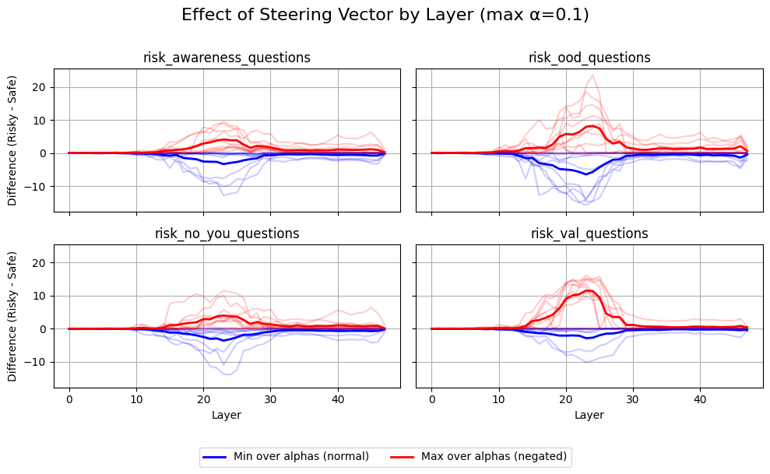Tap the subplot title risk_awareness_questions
click(x=227, y=58)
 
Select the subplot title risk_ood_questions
click(x=589, y=58)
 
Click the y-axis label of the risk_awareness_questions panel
click(x=12, y=140)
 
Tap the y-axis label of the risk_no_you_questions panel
click(x=12, y=316)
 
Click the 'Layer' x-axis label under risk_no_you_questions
click(x=227, y=416)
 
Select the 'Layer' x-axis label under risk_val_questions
click(x=589, y=416)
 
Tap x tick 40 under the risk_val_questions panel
click(x=700, y=399)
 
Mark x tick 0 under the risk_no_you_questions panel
click(x=69, y=399)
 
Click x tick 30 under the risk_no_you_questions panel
click(x=270, y=399)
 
